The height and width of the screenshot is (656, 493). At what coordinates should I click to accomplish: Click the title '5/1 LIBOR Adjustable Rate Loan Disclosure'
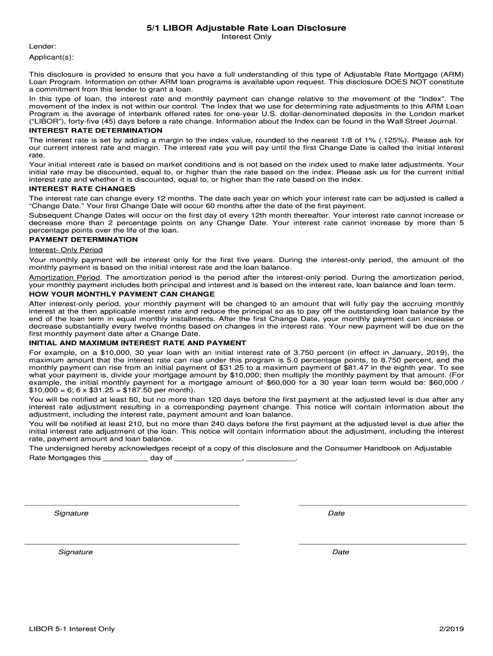pyautogui.click(x=247, y=28)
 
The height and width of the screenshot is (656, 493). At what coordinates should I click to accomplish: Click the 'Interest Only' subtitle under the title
pyautogui.click(x=247, y=37)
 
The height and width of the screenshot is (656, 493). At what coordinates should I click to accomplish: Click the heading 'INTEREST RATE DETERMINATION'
pyautogui.click(x=96, y=130)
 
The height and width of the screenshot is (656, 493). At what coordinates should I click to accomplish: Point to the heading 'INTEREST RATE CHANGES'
pyautogui.click(x=82, y=189)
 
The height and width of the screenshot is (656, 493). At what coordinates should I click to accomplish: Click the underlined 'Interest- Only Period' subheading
pyautogui.click(x=66, y=249)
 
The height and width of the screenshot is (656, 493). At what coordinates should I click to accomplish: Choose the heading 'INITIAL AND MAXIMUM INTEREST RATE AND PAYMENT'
pyautogui.click(x=138, y=343)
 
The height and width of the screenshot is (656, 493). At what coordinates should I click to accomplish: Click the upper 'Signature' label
pyautogui.click(x=71, y=513)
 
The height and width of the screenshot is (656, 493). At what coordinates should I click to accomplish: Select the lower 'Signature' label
pyautogui.click(x=76, y=552)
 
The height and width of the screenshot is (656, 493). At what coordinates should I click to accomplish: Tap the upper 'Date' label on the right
pyautogui.click(x=336, y=513)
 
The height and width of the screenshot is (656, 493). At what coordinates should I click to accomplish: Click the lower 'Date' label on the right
pyautogui.click(x=341, y=552)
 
